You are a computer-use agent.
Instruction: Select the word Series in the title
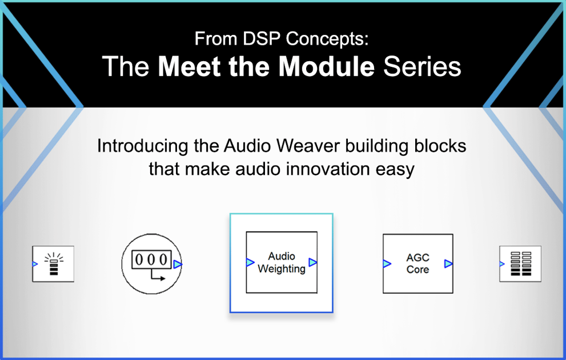[422, 67]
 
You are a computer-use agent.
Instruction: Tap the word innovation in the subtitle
[318, 170]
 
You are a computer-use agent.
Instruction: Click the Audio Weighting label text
[282, 262]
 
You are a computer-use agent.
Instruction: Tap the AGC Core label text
[418, 263]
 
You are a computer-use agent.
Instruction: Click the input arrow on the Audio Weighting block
[250, 262]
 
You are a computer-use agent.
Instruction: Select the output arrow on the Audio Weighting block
[312, 262]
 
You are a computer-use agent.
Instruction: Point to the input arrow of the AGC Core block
[387, 264]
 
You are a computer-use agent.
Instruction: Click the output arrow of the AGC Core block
[448, 264]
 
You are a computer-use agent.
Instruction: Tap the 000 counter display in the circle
[151, 259]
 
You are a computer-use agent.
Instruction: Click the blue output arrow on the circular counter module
[178, 264]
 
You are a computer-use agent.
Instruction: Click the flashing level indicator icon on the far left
[53, 264]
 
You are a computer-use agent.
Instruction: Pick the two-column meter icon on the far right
[520, 264]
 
